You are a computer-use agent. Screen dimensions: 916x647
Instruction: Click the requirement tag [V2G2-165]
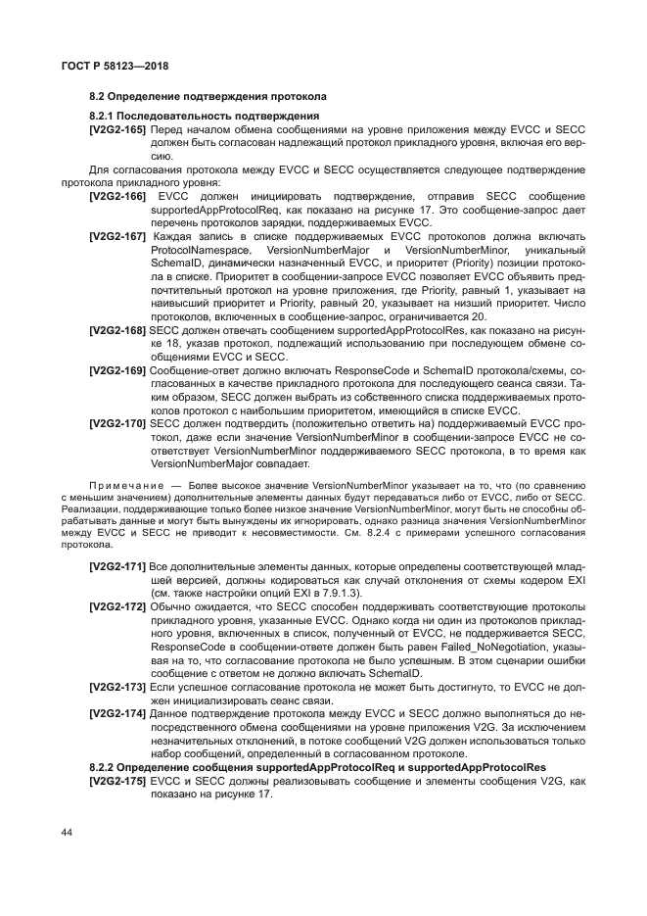click(117, 129)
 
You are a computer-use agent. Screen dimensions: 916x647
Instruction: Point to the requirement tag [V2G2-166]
click(117, 197)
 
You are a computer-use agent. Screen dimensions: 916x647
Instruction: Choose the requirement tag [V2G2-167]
click(117, 238)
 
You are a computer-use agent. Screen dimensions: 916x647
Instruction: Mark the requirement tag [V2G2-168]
click(117, 333)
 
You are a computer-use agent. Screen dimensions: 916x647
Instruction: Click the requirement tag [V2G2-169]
click(117, 372)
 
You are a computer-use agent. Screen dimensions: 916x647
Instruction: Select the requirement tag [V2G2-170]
click(117, 424)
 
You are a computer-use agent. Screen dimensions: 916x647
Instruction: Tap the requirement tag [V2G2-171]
click(117, 567)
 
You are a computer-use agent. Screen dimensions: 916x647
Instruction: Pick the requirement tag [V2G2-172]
click(117, 607)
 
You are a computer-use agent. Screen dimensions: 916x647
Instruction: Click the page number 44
click(68, 833)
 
